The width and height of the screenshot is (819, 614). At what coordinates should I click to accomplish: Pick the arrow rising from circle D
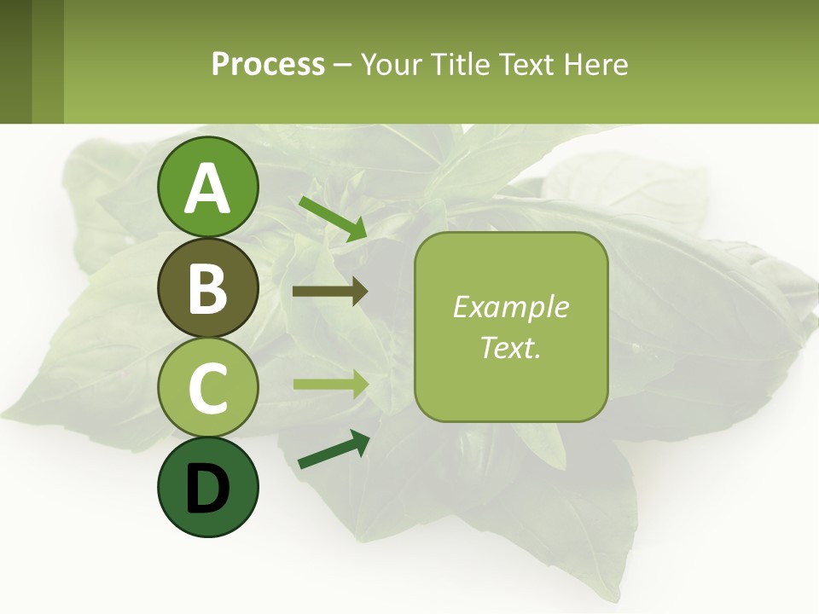click(334, 451)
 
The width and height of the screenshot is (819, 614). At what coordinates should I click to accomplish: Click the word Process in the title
click(268, 64)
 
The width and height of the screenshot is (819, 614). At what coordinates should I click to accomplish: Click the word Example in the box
click(510, 307)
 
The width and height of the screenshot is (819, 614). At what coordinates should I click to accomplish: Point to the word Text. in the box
click(510, 347)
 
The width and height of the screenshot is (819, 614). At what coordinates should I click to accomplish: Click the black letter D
click(207, 488)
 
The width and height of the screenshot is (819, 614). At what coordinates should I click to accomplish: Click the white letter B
click(207, 289)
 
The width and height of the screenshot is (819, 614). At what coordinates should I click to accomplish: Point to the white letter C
click(207, 388)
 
